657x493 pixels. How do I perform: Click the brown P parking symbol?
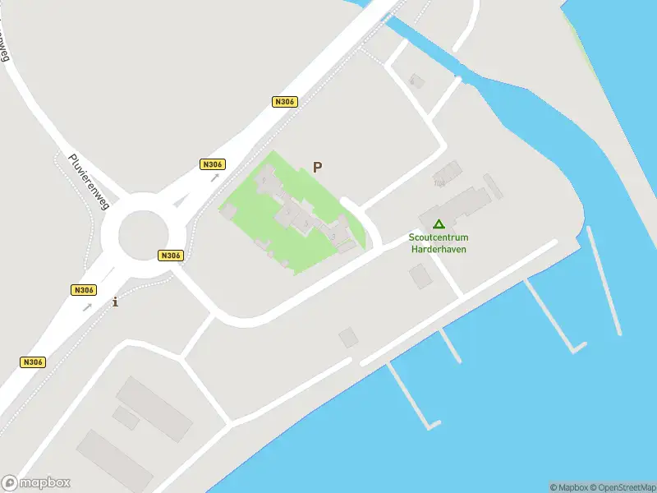point(317,167)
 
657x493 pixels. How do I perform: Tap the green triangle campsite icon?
point(439,223)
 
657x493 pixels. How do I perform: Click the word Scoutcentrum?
point(438,238)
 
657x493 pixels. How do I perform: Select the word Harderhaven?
point(438,248)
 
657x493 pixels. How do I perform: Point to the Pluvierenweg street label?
point(90,182)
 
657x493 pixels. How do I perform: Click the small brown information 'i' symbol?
point(115,302)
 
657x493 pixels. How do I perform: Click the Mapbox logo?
point(36,483)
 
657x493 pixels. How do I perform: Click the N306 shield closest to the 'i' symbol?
point(84,290)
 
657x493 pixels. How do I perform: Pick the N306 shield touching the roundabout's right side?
point(170,256)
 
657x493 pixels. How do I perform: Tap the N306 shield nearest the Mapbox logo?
point(32,362)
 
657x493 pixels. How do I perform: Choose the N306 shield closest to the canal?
point(284,102)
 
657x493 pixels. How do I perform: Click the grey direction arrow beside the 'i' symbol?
point(88,307)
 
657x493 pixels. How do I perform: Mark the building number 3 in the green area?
point(333,237)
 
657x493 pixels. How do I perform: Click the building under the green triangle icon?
point(456,205)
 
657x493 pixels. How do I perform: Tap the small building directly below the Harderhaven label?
point(420,277)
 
